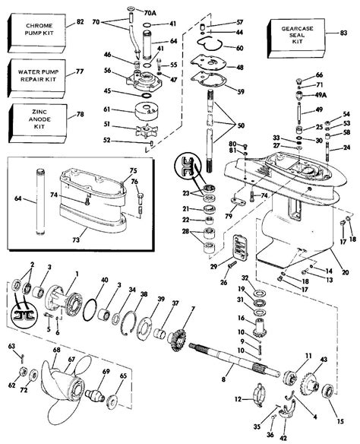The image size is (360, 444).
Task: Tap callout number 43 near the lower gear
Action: click(325, 359)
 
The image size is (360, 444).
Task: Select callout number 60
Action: click(240, 48)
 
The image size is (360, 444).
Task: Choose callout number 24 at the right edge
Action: click(346, 147)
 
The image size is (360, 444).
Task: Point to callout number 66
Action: click(320, 74)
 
